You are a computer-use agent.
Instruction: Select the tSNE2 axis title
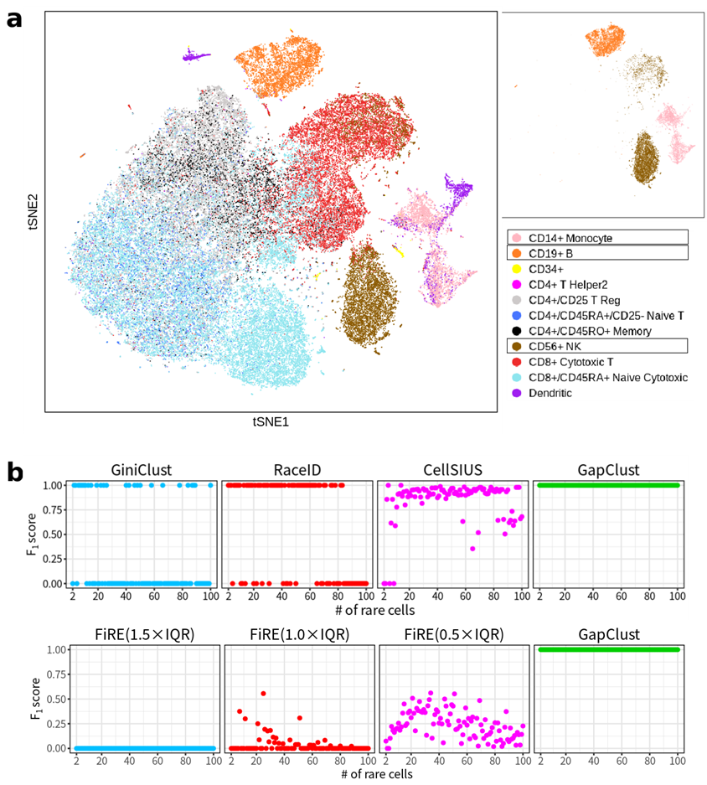(x=36, y=210)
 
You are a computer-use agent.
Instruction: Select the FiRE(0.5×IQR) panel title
(x=451, y=634)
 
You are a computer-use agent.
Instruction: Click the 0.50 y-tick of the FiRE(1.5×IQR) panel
(x=52, y=699)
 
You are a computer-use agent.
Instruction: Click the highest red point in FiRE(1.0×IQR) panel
(x=263, y=693)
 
